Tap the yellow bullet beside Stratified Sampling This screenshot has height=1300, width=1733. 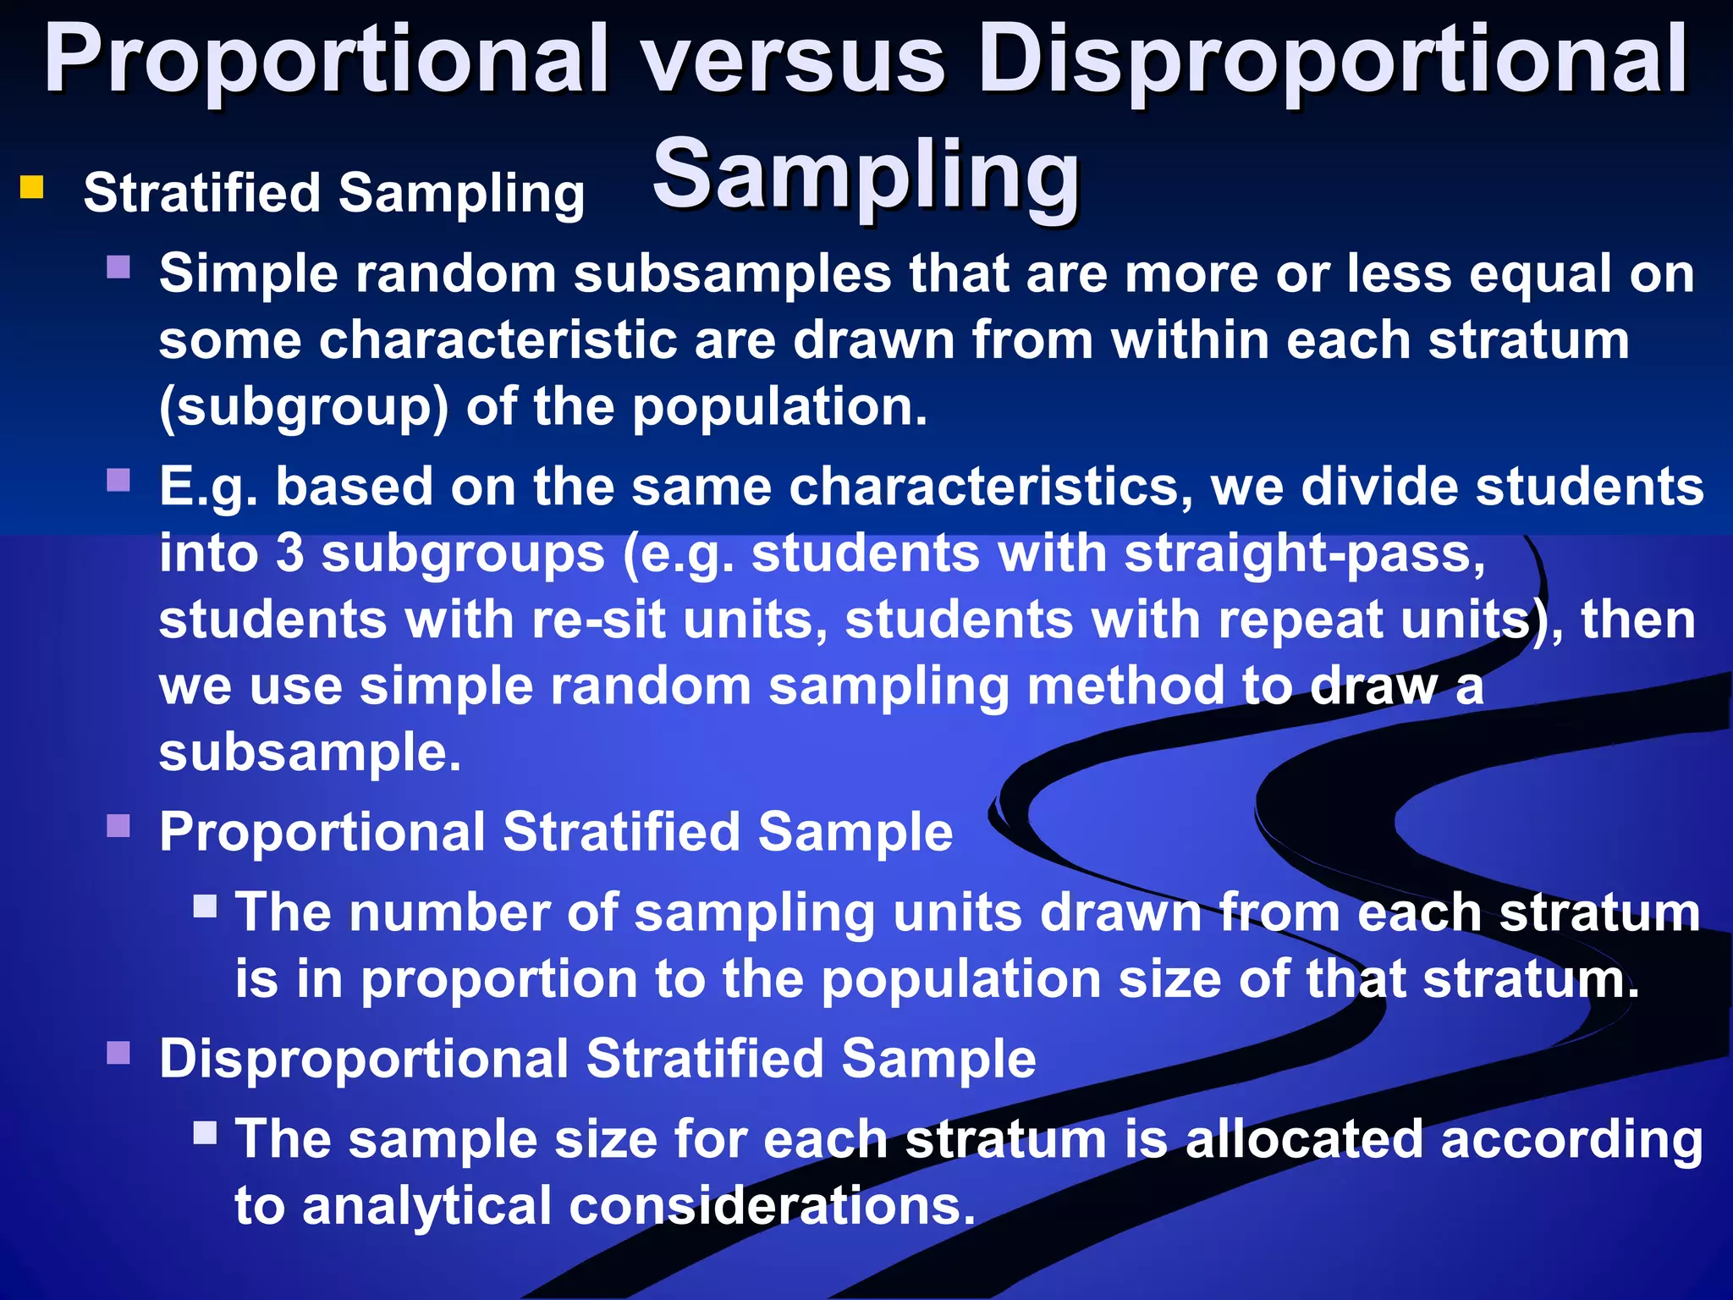tap(32, 186)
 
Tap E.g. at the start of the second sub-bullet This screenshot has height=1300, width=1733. tap(208, 487)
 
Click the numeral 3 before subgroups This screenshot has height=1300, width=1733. tap(289, 554)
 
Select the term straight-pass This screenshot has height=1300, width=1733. tap(1304, 554)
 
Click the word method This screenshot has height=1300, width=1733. tap(1125, 686)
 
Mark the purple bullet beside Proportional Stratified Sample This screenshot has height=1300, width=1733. tap(118, 825)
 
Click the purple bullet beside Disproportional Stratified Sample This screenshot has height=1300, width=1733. tap(118, 1053)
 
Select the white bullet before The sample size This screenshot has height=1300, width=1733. tap(205, 1132)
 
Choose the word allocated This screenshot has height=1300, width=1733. tap(1304, 1139)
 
